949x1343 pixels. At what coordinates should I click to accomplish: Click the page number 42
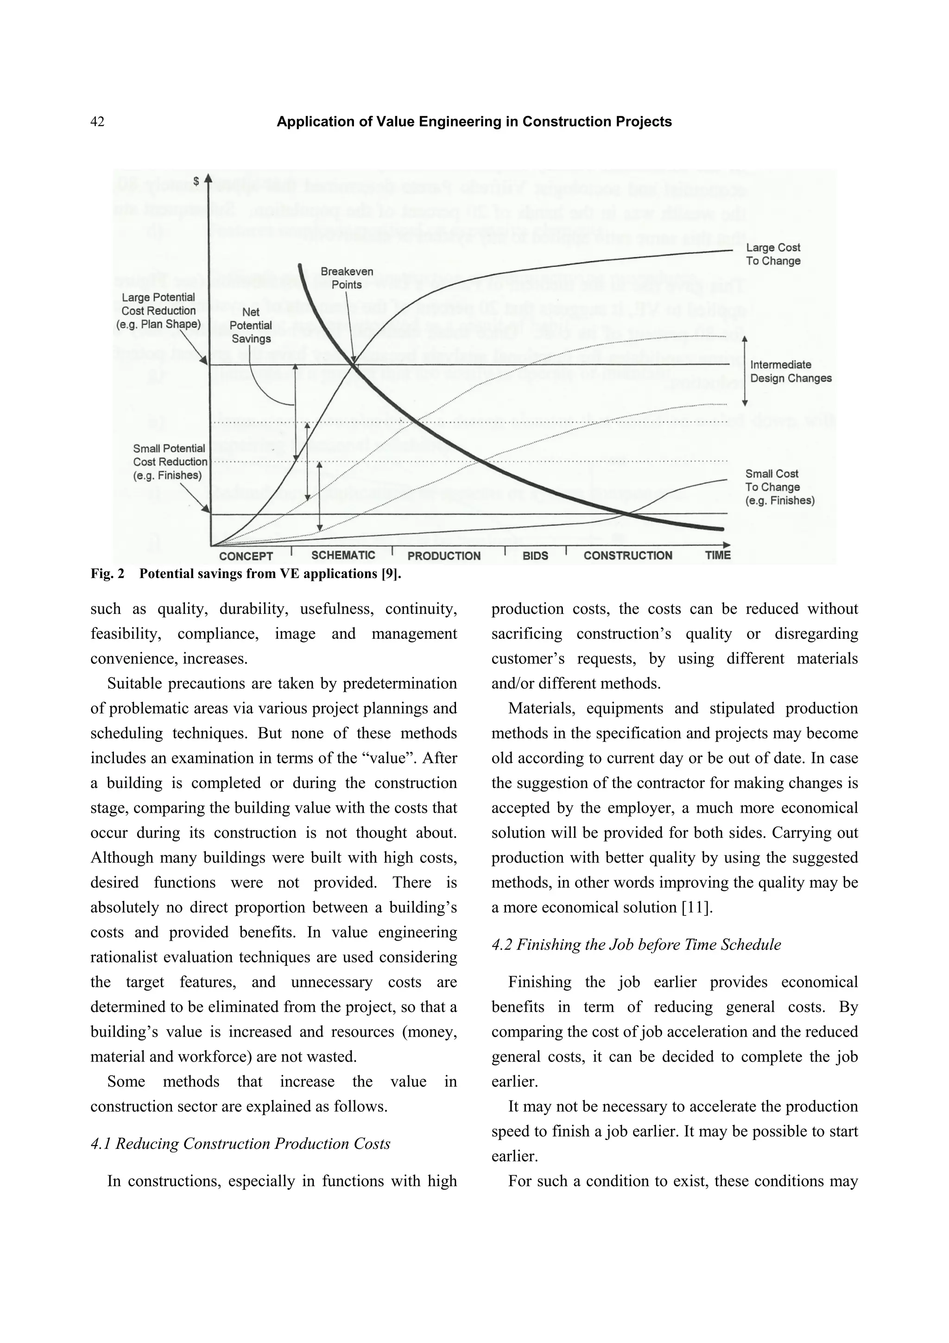pos(98,121)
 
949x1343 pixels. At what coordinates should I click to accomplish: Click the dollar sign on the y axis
pos(196,181)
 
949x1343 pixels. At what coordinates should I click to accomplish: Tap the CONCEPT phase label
pos(246,556)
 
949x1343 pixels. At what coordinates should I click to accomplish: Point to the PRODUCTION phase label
pos(444,556)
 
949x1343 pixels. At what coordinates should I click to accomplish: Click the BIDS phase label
pos(535,556)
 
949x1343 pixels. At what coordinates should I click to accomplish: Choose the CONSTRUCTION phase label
pos(627,556)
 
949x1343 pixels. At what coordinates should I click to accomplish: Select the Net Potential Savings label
pos(251,325)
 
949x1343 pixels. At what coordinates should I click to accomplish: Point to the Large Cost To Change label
pos(772,255)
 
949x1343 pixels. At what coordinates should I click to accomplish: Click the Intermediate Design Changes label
pos(790,371)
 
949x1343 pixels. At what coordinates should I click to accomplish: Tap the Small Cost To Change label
pos(779,487)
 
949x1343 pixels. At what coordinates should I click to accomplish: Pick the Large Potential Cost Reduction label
pos(158,311)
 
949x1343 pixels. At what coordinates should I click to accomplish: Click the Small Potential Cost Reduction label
pos(169,462)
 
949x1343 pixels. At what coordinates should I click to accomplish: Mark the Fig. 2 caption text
pos(246,574)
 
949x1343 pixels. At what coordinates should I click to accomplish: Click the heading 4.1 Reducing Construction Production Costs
pos(240,1144)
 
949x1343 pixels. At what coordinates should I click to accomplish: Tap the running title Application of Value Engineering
pos(474,121)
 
